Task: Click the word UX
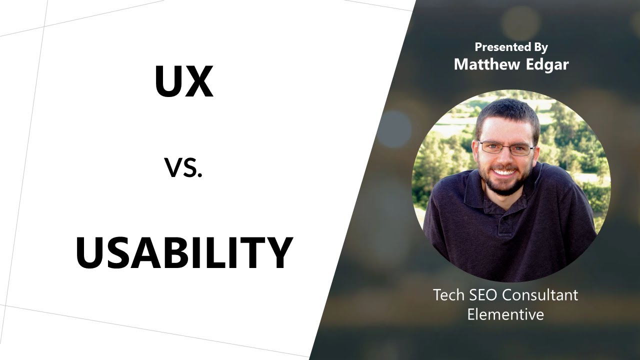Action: tap(183, 81)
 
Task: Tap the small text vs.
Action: tap(183, 168)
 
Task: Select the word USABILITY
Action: tap(183, 253)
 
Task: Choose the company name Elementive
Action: tap(505, 314)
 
